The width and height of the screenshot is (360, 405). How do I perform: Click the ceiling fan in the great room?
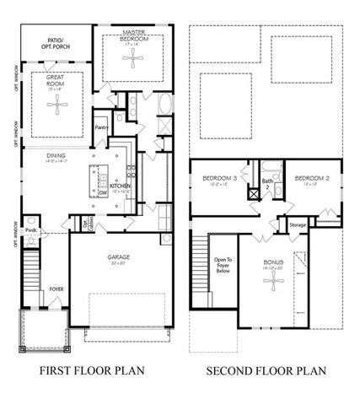tap(57, 107)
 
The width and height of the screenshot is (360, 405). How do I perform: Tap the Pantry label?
tap(100, 128)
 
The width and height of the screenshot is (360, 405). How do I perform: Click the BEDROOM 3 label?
tap(218, 178)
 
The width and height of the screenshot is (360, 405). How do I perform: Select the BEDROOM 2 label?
tap(311, 178)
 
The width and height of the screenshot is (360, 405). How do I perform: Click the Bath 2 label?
tap(267, 181)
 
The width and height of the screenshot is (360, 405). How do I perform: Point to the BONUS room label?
tap(271, 262)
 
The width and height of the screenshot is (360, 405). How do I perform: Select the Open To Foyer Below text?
tap(223, 266)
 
